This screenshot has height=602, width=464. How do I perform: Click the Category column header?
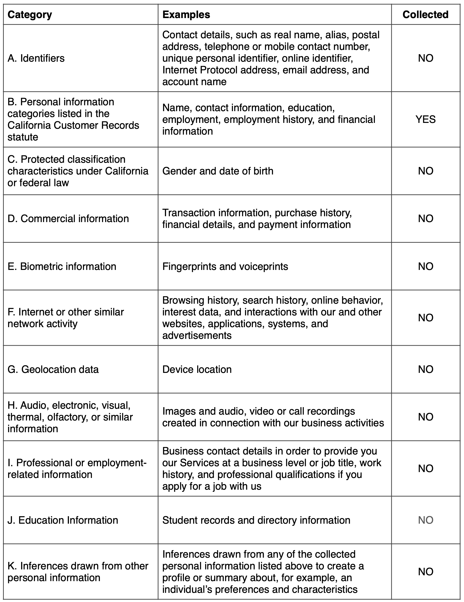point(30,15)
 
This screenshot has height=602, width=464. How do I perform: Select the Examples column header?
point(186,15)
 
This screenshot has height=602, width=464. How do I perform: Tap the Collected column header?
point(425,15)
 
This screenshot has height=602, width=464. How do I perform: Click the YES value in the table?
point(425,119)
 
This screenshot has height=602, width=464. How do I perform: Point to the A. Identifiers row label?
point(36,58)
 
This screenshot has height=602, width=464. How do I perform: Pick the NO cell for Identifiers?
point(425,58)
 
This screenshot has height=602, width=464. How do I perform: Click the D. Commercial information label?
point(68,219)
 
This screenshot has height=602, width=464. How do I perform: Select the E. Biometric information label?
point(62,266)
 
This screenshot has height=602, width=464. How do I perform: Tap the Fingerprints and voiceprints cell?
point(225,266)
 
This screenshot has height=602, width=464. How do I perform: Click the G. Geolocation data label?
point(53,369)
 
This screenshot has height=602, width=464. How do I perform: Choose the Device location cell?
point(197,369)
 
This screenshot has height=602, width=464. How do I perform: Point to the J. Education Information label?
point(63,520)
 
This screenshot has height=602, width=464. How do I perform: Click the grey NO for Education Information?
point(425,520)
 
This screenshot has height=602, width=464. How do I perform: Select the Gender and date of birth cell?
point(218,171)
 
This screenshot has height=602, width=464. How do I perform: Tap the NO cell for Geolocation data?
point(425,369)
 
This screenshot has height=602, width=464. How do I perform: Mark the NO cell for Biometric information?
point(425,266)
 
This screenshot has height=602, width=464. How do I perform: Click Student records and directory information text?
point(256,520)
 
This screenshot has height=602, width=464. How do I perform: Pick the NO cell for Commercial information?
point(425,219)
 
